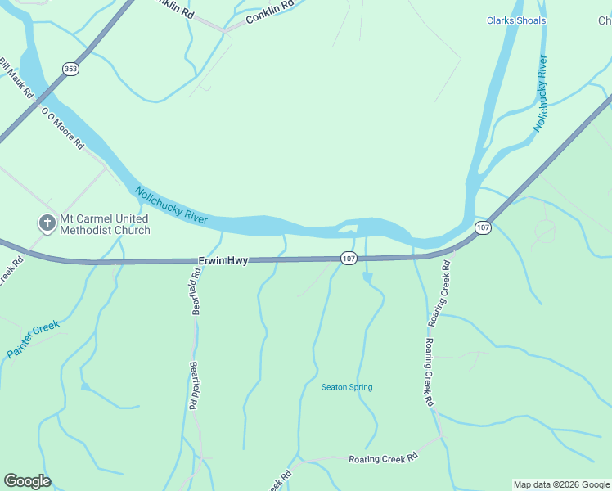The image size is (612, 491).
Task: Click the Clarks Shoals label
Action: click(x=515, y=20)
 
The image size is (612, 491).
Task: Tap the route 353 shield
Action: click(x=70, y=70)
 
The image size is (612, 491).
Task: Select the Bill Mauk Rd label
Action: click(x=16, y=78)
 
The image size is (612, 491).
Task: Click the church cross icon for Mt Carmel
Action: click(x=47, y=222)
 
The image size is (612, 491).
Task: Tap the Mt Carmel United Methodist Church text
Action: click(x=106, y=224)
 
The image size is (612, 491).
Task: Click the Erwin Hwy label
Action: click(x=223, y=261)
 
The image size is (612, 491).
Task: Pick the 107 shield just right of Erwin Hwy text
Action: click(x=349, y=259)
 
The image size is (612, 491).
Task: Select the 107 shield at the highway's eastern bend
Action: click(x=483, y=227)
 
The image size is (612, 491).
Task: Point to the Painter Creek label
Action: click(x=34, y=339)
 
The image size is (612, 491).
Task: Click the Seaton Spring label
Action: click(x=347, y=387)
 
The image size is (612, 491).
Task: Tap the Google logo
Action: click(x=27, y=481)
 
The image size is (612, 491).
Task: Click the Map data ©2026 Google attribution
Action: click(x=561, y=484)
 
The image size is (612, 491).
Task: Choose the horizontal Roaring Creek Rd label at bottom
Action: click(x=383, y=459)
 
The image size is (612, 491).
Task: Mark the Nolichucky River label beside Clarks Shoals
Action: click(x=540, y=93)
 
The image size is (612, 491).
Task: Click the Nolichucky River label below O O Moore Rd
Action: click(x=172, y=206)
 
